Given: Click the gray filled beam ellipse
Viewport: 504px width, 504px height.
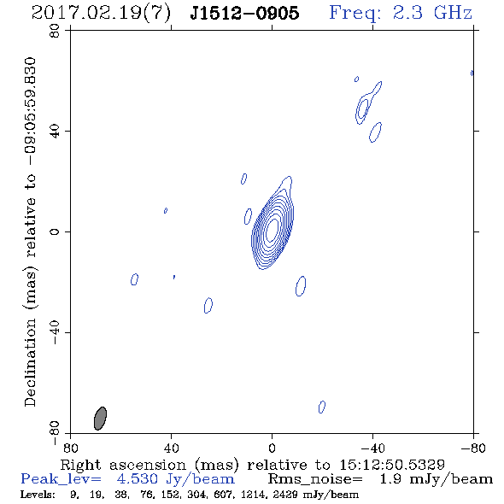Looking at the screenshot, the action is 100,419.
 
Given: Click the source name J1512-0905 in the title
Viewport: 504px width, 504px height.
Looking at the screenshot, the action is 244,13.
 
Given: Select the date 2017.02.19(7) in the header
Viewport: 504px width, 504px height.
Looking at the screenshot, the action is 101,14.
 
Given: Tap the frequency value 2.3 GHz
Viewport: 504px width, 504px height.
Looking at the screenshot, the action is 432,13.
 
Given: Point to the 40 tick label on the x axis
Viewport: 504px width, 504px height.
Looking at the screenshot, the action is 172,448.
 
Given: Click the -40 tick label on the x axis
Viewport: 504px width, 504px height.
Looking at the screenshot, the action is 372,448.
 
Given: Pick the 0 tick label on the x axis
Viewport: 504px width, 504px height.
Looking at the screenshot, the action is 273,448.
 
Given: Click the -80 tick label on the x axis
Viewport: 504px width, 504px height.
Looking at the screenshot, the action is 473,448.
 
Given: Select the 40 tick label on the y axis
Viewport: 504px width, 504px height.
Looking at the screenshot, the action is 55,132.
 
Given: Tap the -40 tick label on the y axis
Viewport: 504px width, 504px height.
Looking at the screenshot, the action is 55,332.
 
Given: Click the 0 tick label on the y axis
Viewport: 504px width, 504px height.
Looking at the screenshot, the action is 55,231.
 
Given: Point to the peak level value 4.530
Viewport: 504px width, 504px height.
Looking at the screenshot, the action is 137,479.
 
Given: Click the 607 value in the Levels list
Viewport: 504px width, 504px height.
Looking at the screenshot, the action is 222,494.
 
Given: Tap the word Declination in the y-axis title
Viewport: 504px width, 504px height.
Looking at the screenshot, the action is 30,362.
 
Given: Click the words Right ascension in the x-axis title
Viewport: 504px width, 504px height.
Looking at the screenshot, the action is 123,465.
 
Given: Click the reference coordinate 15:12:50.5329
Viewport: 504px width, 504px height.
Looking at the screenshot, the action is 392,465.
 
